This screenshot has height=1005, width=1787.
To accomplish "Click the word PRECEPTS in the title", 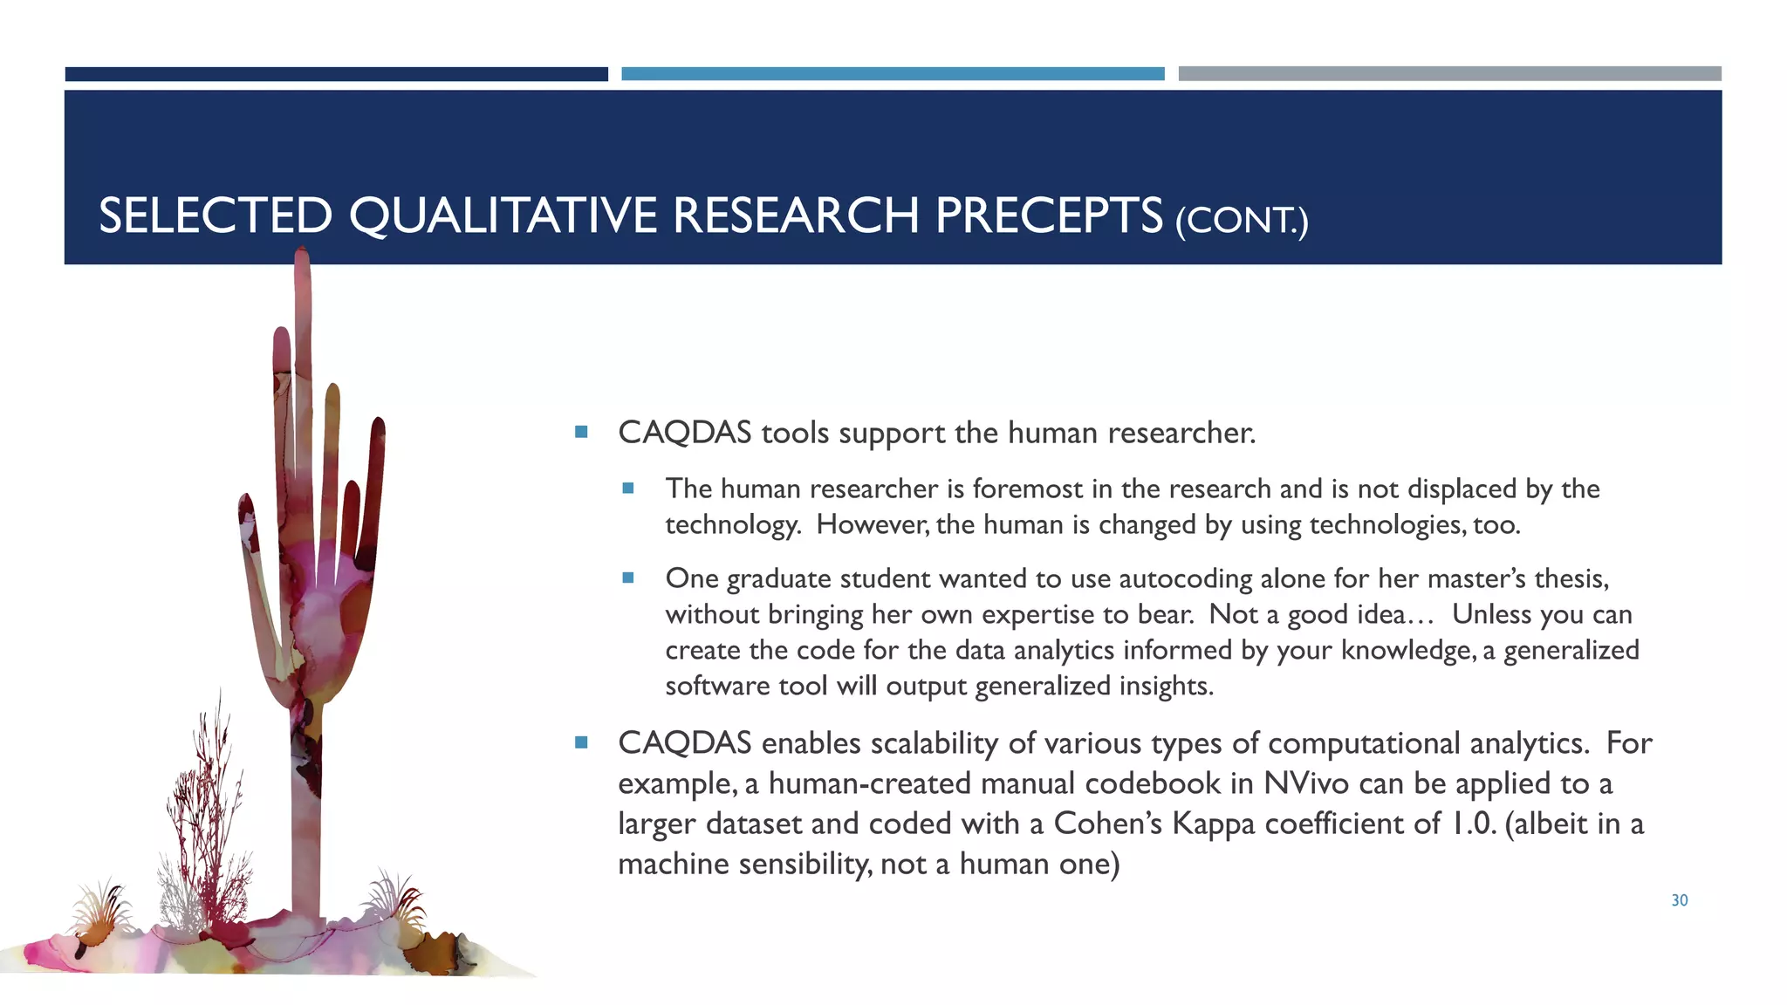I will point(1048,215).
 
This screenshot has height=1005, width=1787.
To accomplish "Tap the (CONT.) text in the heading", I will point(1241,221).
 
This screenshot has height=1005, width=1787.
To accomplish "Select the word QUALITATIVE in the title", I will point(502,215).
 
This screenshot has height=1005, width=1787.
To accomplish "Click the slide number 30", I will point(1679,900).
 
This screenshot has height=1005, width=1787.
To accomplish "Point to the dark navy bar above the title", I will point(336,74).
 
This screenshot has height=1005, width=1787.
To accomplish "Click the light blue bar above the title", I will point(892,74).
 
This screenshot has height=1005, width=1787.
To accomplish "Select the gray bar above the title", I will point(1448,74).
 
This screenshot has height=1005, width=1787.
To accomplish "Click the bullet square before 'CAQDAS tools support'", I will point(582,432).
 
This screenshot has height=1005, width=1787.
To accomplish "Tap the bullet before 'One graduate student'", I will point(628,578).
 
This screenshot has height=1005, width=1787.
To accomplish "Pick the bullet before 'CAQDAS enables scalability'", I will point(582,742).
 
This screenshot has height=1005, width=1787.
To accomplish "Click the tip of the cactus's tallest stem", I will point(302,253).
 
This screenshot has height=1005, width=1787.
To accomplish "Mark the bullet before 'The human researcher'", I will point(628,489).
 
